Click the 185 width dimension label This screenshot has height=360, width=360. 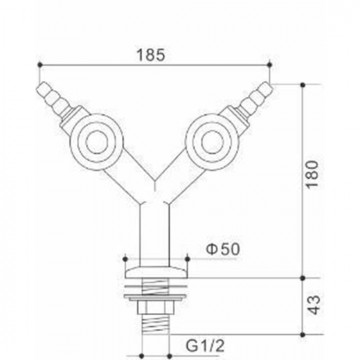151,55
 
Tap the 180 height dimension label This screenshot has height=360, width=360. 313,174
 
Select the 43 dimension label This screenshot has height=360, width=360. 314,305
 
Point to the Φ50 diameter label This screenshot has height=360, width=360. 223,249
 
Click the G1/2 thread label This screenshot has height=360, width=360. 205,345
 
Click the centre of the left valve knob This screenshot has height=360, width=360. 97,142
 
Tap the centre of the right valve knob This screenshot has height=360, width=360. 213,142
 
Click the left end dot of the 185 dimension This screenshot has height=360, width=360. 40,65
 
